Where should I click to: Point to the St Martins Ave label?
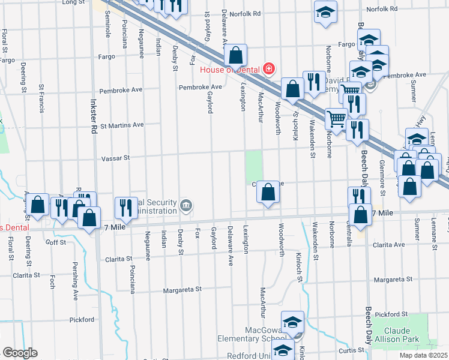coord(122,125)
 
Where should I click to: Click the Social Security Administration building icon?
coord(187,207)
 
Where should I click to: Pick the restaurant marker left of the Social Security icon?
coord(126,208)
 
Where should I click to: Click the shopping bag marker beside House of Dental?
coord(237,55)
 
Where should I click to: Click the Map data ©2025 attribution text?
coord(423,355)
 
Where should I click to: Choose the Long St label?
coord(74,2)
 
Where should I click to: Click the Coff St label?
coord(56,242)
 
